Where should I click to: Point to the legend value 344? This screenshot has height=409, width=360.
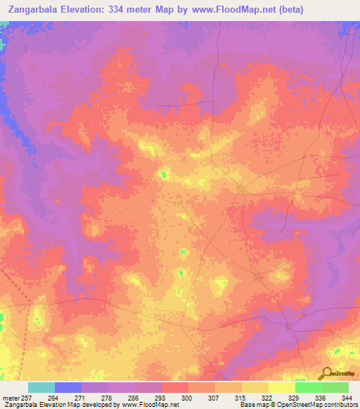[347, 398]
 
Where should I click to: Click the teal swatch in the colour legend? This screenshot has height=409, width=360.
[41, 387]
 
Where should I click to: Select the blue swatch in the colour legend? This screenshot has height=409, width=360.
[68, 387]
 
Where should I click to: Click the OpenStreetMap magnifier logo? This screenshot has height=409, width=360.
[327, 372]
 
